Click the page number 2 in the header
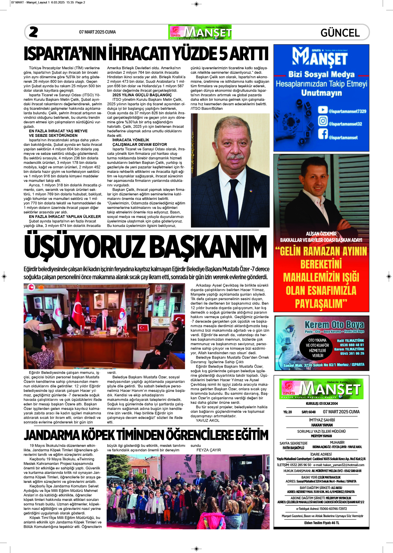tap(33, 32)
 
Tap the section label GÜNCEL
tap(340, 33)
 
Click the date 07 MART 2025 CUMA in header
tap(97, 32)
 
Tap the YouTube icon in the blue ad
tap(323, 110)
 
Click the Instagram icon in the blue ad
tap(323, 121)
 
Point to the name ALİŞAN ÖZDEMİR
tap(321, 234)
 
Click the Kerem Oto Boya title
tap(334, 325)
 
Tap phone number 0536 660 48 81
tap(352, 345)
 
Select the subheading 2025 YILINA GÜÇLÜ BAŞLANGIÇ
tap(142, 95)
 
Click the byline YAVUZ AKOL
tap(208, 420)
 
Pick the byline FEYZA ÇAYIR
tap(209, 450)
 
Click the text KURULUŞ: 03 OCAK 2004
tap(321, 404)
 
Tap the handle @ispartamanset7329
tap(347, 111)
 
